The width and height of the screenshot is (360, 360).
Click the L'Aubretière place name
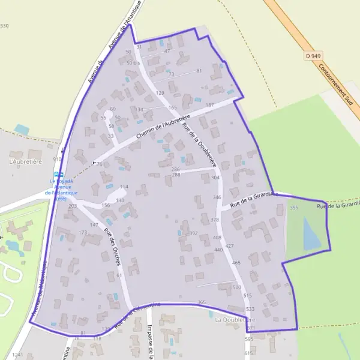click(24, 162)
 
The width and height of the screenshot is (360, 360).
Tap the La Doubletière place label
click(235, 320)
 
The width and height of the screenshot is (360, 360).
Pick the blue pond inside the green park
click(311, 233)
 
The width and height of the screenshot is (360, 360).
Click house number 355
click(293, 208)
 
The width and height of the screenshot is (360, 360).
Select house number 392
click(193, 233)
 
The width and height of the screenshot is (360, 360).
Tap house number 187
click(209, 105)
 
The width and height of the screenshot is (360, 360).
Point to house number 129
click(160, 93)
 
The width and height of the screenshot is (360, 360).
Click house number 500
click(236, 287)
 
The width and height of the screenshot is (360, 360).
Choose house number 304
click(215, 178)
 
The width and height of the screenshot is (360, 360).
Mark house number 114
click(124, 187)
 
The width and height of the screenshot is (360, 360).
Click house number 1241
click(17, 355)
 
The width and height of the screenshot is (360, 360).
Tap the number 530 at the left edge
click(5, 26)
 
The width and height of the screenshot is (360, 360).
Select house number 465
click(236, 263)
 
